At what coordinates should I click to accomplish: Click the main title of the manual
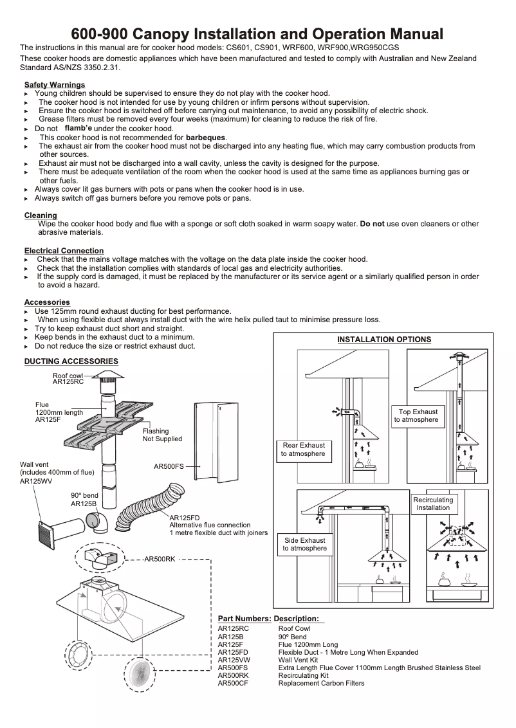click(x=257, y=33)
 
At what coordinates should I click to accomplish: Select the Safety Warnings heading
click(x=55, y=85)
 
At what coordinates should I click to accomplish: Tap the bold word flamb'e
click(x=78, y=128)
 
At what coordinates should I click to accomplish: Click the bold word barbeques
click(x=206, y=138)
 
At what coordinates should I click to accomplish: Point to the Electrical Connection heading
click(x=64, y=250)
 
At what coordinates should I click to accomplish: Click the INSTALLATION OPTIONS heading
click(x=384, y=340)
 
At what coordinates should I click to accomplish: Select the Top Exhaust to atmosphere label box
click(x=418, y=416)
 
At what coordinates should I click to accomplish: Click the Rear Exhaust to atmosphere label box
click(x=304, y=450)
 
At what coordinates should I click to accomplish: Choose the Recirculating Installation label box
click(x=433, y=504)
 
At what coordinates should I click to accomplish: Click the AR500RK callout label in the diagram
click(x=160, y=560)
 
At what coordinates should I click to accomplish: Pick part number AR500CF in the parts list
click(x=232, y=683)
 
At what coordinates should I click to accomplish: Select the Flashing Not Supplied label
click(x=162, y=435)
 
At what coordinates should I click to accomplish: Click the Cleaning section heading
click(x=41, y=215)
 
